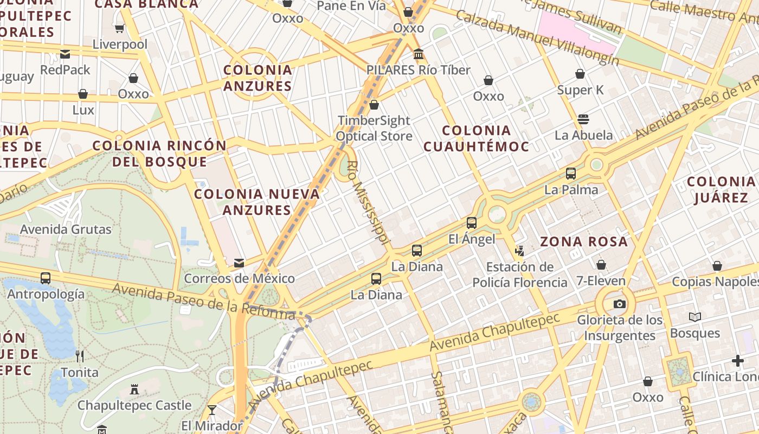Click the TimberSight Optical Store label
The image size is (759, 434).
click(x=374, y=128)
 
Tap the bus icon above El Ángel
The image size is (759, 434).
click(x=472, y=222)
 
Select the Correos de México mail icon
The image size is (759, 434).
click(x=239, y=263)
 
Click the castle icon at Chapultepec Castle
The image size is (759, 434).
click(x=134, y=389)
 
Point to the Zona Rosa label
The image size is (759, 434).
click(x=584, y=241)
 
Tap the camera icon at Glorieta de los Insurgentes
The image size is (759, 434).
click(x=620, y=304)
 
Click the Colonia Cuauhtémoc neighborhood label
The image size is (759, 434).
click(x=476, y=138)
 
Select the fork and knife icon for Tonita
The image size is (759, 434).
click(x=80, y=356)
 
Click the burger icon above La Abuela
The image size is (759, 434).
click(x=583, y=119)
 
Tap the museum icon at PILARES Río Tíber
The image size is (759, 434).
click(x=419, y=54)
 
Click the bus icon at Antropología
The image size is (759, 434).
click(x=46, y=278)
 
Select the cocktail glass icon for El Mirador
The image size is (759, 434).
click(x=212, y=410)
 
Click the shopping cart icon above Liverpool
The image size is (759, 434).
click(x=120, y=28)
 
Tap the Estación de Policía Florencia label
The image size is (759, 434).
click(x=519, y=275)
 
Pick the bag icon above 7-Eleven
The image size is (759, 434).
click(x=601, y=265)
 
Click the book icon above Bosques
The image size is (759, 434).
click(x=694, y=317)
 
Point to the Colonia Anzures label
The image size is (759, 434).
click(x=258, y=78)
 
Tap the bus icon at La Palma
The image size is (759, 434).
click(x=571, y=174)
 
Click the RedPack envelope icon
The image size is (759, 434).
click(x=65, y=54)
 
